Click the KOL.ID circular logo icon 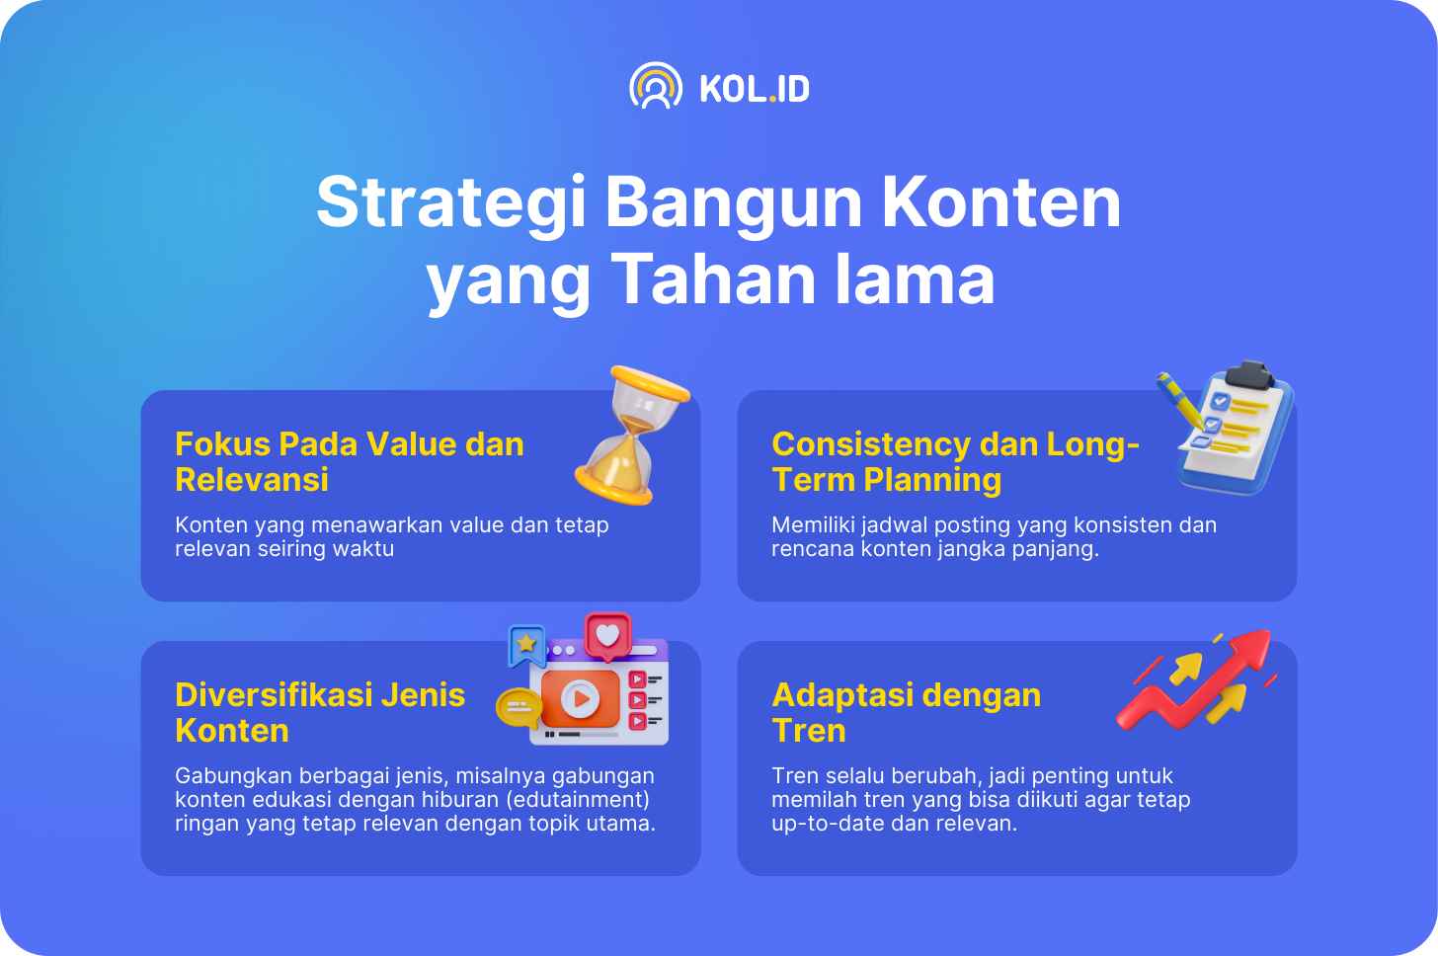[x=655, y=85]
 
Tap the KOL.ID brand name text [x=755, y=89]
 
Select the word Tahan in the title [x=715, y=279]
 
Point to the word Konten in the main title [x=1001, y=201]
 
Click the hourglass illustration [x=632, y=435]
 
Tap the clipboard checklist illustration [x=1236, y=428]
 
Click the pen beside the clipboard [x=1180, y=400]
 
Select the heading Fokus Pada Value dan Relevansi [x=350, y=461]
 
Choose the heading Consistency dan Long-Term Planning [x=955, y=461]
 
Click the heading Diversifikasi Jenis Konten [x=320, y=713]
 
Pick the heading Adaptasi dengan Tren [x=907, y=713]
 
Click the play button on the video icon [x=581, y=698]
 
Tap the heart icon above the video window [x=607, y=636]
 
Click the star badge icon [x=527, y=645]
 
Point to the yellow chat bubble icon [x=519, y=707]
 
